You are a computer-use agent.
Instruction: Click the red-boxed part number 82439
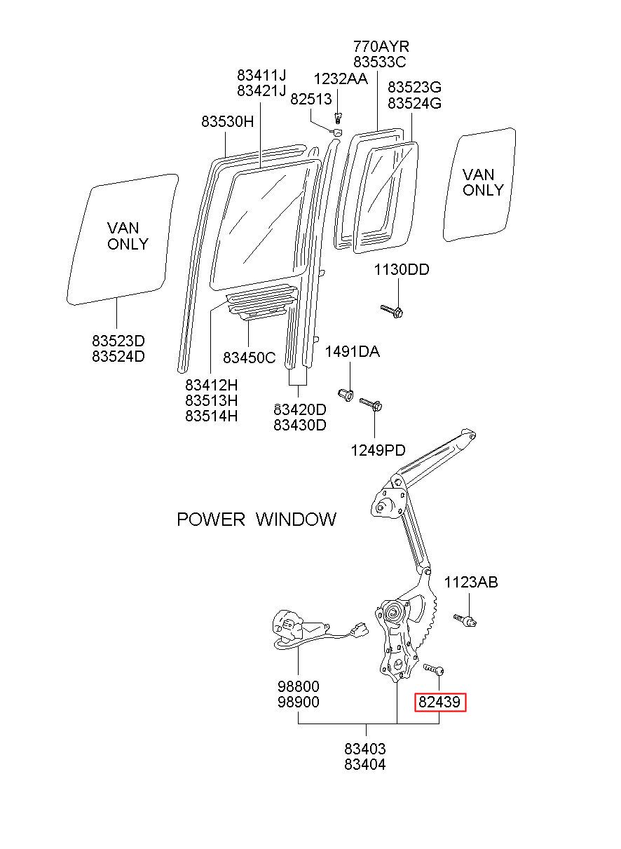439,702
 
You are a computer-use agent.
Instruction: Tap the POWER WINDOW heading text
257,519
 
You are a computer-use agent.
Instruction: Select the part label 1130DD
402,269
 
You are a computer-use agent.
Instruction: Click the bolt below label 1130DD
392,311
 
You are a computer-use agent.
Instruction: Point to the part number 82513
310,100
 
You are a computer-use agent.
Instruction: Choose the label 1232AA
341,79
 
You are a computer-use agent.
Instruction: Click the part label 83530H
227,122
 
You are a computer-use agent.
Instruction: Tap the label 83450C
249,358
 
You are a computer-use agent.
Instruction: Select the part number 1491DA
353,352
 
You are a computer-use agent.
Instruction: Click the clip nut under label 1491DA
346,395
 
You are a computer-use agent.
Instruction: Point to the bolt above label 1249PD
371,405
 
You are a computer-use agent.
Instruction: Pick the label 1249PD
378,450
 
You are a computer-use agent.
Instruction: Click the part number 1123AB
470,582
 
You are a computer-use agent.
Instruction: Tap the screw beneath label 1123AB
465,620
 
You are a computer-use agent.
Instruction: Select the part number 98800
298,686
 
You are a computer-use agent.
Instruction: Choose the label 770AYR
381,46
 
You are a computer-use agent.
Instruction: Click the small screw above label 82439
433,669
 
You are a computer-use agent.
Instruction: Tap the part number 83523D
118,341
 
